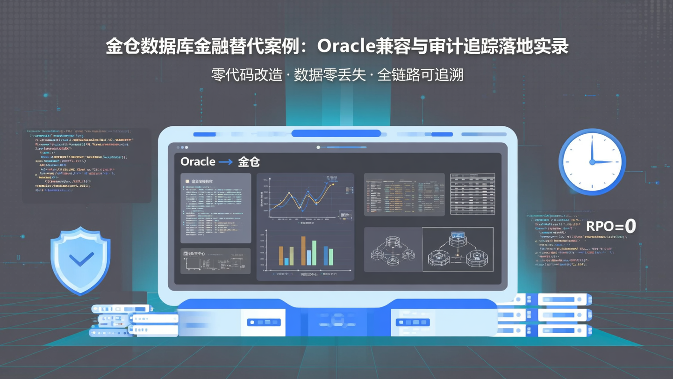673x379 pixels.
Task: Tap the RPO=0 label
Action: pos(611,226)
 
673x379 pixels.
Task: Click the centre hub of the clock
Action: pos(592,162)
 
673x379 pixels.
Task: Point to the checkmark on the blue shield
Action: pos(81,259)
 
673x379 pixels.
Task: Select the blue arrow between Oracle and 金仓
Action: pos(226,162)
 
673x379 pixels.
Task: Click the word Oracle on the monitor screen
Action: pos(198,161)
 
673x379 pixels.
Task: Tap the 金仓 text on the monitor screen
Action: pos(249,162)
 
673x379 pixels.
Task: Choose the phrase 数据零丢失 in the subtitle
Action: pos(330,75)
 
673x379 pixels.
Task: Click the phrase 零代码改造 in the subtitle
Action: pos(247,75)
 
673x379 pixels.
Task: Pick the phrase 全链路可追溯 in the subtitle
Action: pos(420,75)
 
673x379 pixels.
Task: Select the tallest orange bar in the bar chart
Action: pos(303,251)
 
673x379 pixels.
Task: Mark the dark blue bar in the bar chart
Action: pos(326,255)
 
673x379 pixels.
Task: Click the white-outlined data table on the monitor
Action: pos(473,194)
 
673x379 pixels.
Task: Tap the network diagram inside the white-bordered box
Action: pos(458,249)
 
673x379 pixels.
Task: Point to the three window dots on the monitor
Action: pos(182,147)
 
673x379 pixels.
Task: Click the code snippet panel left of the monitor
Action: pos(86,165)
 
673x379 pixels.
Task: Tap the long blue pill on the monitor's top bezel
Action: pos(336,134)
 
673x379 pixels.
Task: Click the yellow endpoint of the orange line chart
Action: pos(333,184)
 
